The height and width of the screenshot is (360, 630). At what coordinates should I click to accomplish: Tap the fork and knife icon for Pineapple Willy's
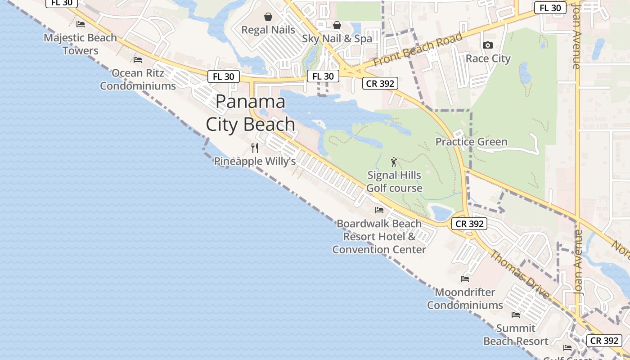tap(255, 148)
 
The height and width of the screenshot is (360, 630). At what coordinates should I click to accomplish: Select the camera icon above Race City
tap(487, 45)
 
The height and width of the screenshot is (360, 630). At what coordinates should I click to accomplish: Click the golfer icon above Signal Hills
tap(394, 162)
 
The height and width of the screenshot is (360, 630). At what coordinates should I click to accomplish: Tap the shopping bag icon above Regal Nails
tap(268, 17)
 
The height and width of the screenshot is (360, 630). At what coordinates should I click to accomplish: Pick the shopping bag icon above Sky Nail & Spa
tap(337, 25)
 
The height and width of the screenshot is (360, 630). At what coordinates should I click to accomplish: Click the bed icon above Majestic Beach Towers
tap(81, 24)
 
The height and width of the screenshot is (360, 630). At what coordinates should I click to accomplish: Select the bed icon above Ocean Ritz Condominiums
tap(138, 59)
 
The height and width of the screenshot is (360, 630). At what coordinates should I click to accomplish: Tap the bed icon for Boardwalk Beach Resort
tap(379, 210)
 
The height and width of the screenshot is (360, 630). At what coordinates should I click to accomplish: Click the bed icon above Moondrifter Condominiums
tap(465, 279)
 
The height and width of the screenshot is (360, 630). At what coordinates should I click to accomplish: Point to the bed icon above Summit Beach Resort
tap(516, 315)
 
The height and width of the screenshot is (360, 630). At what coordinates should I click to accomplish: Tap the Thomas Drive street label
tap(519, 274)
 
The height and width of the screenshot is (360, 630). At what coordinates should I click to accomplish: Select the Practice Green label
tap(471, 142)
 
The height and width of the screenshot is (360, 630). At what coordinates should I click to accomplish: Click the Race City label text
tap(488, 58)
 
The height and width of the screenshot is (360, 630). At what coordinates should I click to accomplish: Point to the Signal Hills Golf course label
tap(394, 182)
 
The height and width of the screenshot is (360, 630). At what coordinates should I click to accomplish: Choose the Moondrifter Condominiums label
tap(465, 299)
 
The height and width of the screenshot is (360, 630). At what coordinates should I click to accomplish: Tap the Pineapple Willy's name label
tap(255, 161)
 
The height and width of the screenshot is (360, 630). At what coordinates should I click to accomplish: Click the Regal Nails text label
tap(268, 30)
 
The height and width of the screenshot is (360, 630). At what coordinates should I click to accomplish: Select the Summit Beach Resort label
tap(516, 335)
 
